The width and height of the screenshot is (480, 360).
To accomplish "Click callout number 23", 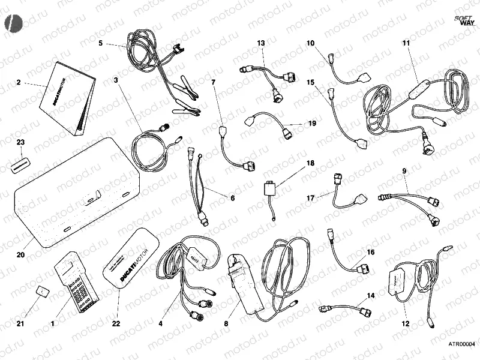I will coord(20,143).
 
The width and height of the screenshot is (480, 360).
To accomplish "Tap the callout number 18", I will coord(310,163).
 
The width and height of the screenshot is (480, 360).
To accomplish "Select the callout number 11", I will coord(406,43).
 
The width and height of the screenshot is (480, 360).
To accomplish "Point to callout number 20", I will coord(20,255).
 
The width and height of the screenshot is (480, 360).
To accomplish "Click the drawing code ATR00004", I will coord(461,344).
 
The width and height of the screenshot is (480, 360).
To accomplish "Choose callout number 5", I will coord(101,43).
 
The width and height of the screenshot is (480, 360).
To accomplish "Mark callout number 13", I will coord(261,43).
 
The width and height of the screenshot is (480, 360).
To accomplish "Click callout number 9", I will coord(404,172).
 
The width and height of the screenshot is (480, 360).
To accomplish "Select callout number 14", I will coord(370,296).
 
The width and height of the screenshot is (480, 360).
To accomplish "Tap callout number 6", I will coord(216,197).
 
